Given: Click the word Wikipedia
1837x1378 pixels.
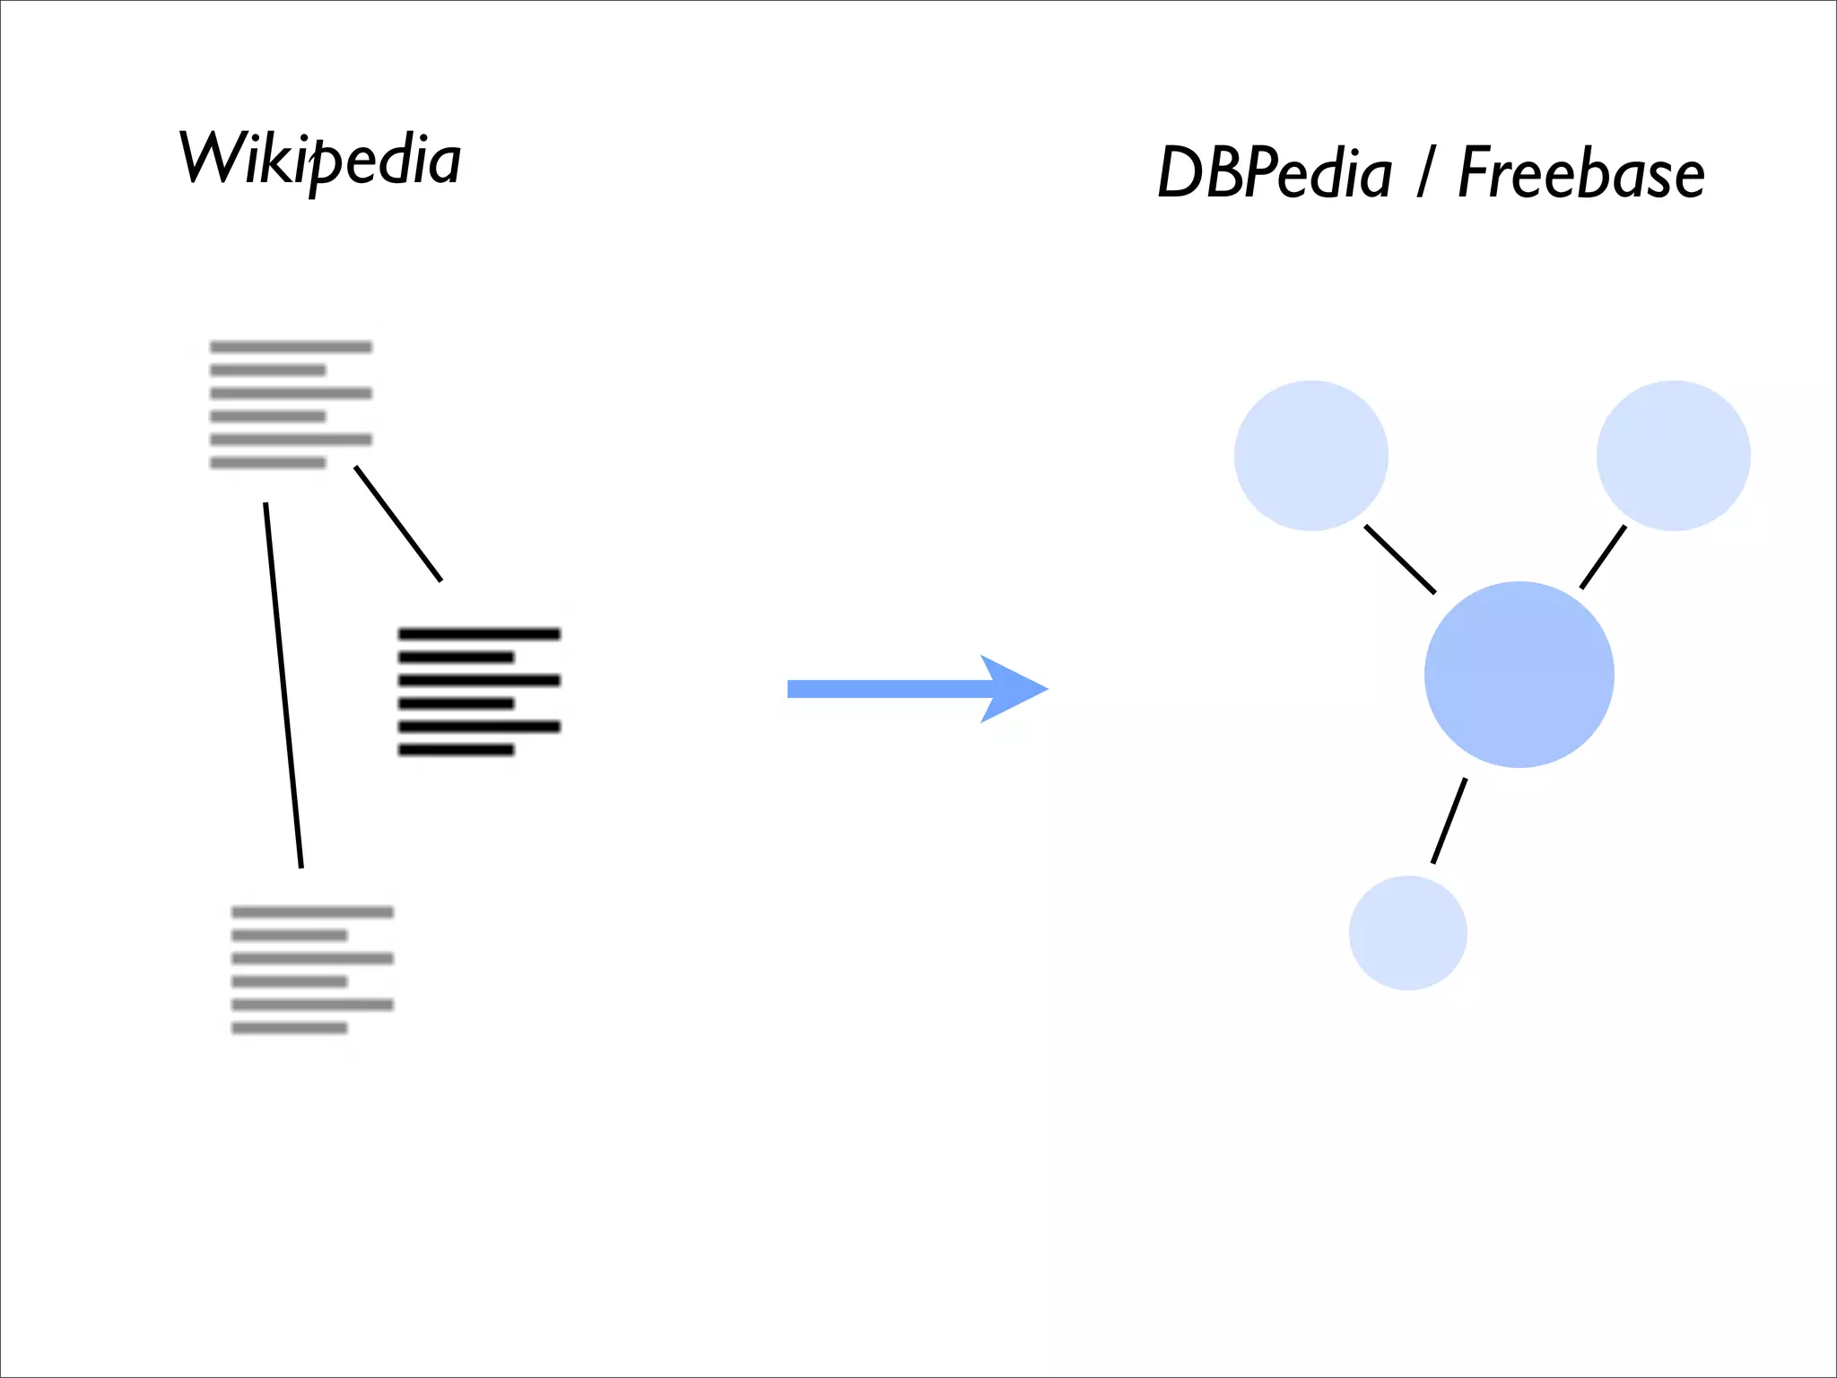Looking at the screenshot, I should pos(320,160).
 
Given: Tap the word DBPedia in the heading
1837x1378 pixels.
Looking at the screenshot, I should pos(1274,172).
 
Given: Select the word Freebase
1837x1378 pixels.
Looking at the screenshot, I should pos(1580,172).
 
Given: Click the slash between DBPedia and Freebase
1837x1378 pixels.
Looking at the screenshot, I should pos(1424,172).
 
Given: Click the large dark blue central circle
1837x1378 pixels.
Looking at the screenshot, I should pos(1519,675).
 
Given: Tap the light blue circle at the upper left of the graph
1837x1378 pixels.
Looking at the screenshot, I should pos(1310,456).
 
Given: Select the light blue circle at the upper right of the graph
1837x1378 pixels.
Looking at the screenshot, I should pos(1673,456).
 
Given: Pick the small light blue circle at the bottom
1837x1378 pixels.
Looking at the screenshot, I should pos(1407,933).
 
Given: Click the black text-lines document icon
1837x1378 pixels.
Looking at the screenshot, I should pos(479,692).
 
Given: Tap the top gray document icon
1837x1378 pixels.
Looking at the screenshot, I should pos(291,405).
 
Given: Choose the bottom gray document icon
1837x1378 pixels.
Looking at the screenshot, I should pos(312,970).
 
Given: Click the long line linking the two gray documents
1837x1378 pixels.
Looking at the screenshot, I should pos(283,686).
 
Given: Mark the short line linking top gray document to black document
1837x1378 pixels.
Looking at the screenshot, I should pos(398,524).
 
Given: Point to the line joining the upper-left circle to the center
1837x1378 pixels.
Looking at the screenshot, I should pos(1399,559).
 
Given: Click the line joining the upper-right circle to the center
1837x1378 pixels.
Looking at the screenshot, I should pos(1602,557).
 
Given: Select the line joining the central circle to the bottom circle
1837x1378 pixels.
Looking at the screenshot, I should pos(1449,821).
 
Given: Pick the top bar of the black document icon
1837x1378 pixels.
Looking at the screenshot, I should pos(479,634).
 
